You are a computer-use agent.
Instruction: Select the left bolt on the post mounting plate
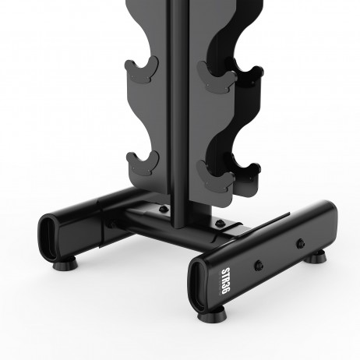click(162, 210)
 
